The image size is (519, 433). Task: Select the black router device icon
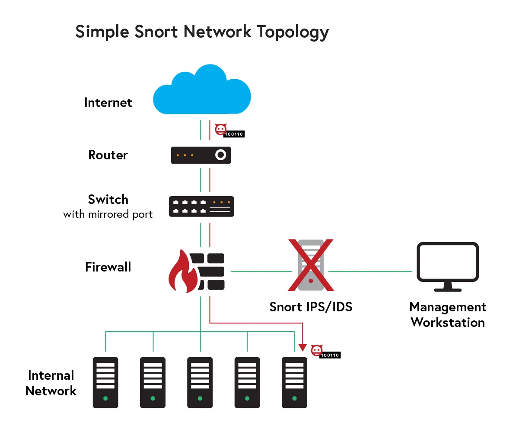click(x=201, y=155)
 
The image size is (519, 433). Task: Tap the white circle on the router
click(x=220, y=155)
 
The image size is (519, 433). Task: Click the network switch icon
click(x=201, y=207)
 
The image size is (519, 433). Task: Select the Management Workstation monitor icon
click(x=447, y=265)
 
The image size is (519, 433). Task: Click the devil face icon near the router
click(x=221, y=129)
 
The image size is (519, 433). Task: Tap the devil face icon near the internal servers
click(x=317, y=349)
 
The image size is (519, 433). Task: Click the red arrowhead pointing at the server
click(x=302, y=348)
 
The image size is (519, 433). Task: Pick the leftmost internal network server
click(x=105, y=382)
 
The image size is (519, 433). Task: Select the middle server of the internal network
click(x=200, y=382)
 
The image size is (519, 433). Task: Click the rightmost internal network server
click(x=294, y=382)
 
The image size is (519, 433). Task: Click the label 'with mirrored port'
click(x=108, y=214)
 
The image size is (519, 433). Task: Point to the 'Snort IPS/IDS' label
click(x=311, y=307)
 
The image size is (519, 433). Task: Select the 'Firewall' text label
click(x=108, y=267)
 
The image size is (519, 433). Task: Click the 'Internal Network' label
click(x=51, y=383)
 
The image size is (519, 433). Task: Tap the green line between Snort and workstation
click(x=370, y=271)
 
